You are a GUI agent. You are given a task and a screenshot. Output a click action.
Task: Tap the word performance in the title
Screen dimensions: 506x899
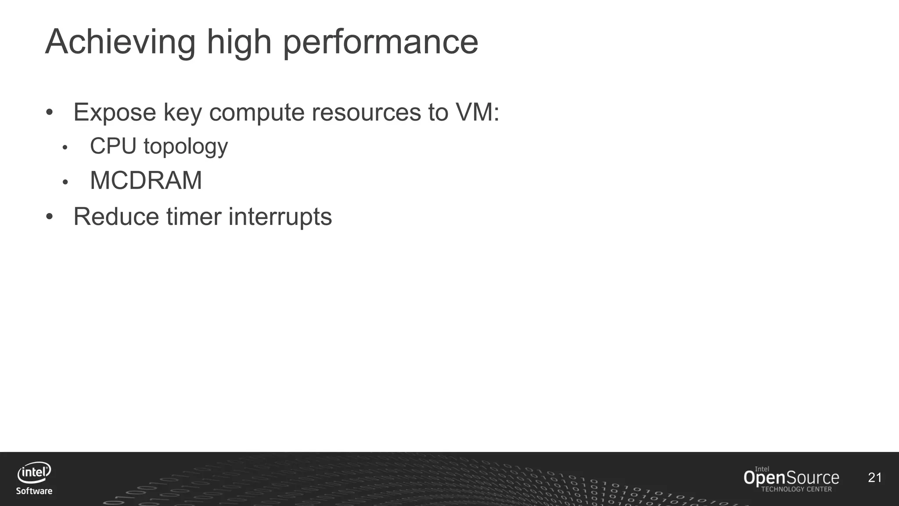click(x=381, y=42)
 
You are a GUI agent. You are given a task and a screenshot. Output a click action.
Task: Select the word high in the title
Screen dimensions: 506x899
click(x=239, y=42)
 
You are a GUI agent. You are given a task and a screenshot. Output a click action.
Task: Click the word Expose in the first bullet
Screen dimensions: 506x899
click(x=115, y=112)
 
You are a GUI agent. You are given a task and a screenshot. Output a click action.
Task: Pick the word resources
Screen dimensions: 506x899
click(x=367, y=112)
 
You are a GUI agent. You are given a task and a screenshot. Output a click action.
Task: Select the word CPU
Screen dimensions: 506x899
click(x=113, y=146)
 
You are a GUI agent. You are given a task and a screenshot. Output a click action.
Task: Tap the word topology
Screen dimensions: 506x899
click(x=186, y=147)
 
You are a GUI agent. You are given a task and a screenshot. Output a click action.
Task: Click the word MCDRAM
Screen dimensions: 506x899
click(x=146, y=180)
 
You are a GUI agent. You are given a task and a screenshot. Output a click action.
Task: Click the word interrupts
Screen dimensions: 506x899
click(x=280, y=217)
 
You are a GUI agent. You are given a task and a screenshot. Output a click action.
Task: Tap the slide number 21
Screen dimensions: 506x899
click(x=874, y=477)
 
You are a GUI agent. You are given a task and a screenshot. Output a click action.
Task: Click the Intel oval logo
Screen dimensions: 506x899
click(x=34, y=473)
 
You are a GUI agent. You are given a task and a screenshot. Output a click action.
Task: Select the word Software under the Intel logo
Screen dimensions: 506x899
click(x=34, y=491)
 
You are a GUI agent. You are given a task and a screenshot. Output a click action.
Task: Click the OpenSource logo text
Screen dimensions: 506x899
click(x=791, y=478)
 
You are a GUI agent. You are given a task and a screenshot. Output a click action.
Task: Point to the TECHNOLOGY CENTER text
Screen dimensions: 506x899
click(x=796, y=489)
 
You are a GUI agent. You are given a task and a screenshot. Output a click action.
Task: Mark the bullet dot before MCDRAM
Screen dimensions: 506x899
click(x=65, y=181)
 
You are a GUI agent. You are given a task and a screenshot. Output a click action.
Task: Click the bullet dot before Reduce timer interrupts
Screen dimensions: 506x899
click(x=49, y=217)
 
